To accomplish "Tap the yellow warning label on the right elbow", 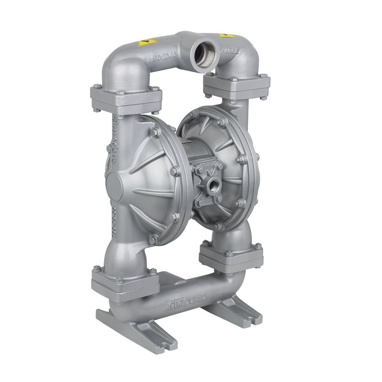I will pyautogui.click(x=223, y=36).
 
